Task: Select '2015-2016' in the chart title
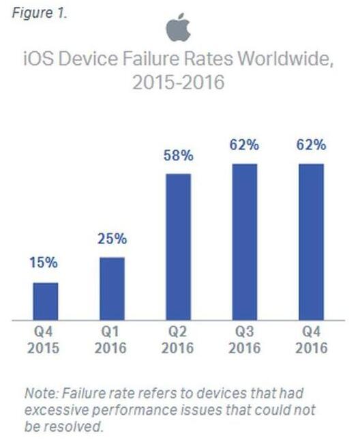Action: click(x=179, y=85)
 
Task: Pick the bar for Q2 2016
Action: click(x=179, y=246)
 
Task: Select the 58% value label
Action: click(x=179, y=156)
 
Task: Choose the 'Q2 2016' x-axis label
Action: click(x=179, y=341)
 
